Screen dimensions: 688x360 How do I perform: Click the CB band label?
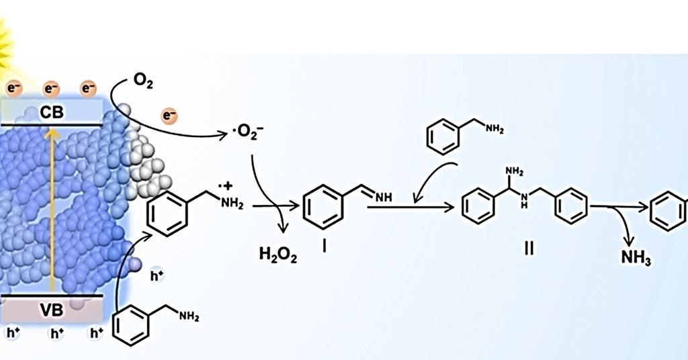click(x=51, y=113)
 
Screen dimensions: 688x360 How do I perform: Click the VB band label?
click(x=52, y=310)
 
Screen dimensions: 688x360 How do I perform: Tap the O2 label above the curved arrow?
click(x=143, y=81)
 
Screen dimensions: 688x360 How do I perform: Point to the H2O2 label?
click(x=277, y=255)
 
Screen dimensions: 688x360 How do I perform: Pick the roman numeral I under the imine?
click(x=325, y=248)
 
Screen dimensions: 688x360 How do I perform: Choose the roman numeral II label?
click(x=529, y=249)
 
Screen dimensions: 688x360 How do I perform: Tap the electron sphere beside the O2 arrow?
click(x=169, y=116)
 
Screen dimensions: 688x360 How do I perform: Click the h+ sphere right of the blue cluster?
click(x=157, y=275)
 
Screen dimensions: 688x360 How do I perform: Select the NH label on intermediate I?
click(x=383, y=198)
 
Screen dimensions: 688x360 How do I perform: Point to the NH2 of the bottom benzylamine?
click(x=189, y=316)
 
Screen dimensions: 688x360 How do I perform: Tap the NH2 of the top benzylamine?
click(x=494, y=128)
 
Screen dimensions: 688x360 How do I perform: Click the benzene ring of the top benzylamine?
click(x=443, y=137)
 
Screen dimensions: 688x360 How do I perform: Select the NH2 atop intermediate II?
click(x=515, y=171)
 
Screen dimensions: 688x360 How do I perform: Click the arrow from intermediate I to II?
click(x=411, y=206)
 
